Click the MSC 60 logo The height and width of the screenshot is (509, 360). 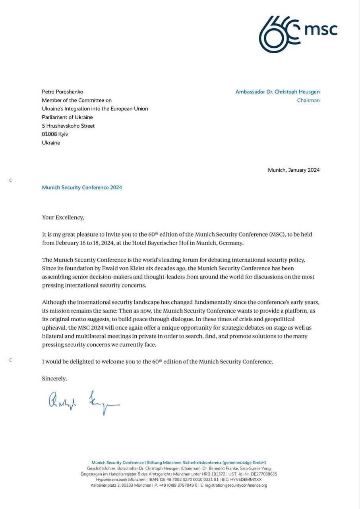pos(298,34)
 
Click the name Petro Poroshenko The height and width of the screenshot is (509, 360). pos(62,92)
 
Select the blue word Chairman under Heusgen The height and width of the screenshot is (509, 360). pos(308,101)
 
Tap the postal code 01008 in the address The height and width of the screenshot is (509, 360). pos(50,134)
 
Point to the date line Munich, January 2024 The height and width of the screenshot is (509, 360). pos(294,170)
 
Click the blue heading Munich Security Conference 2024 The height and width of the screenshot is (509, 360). pos(82,188)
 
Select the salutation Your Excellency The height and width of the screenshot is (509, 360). pos(63,218)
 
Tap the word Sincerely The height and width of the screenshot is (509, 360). pos(54,379)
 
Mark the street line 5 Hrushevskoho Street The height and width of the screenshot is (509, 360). pos(68,126)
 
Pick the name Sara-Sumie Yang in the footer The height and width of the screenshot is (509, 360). pos(255,468)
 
